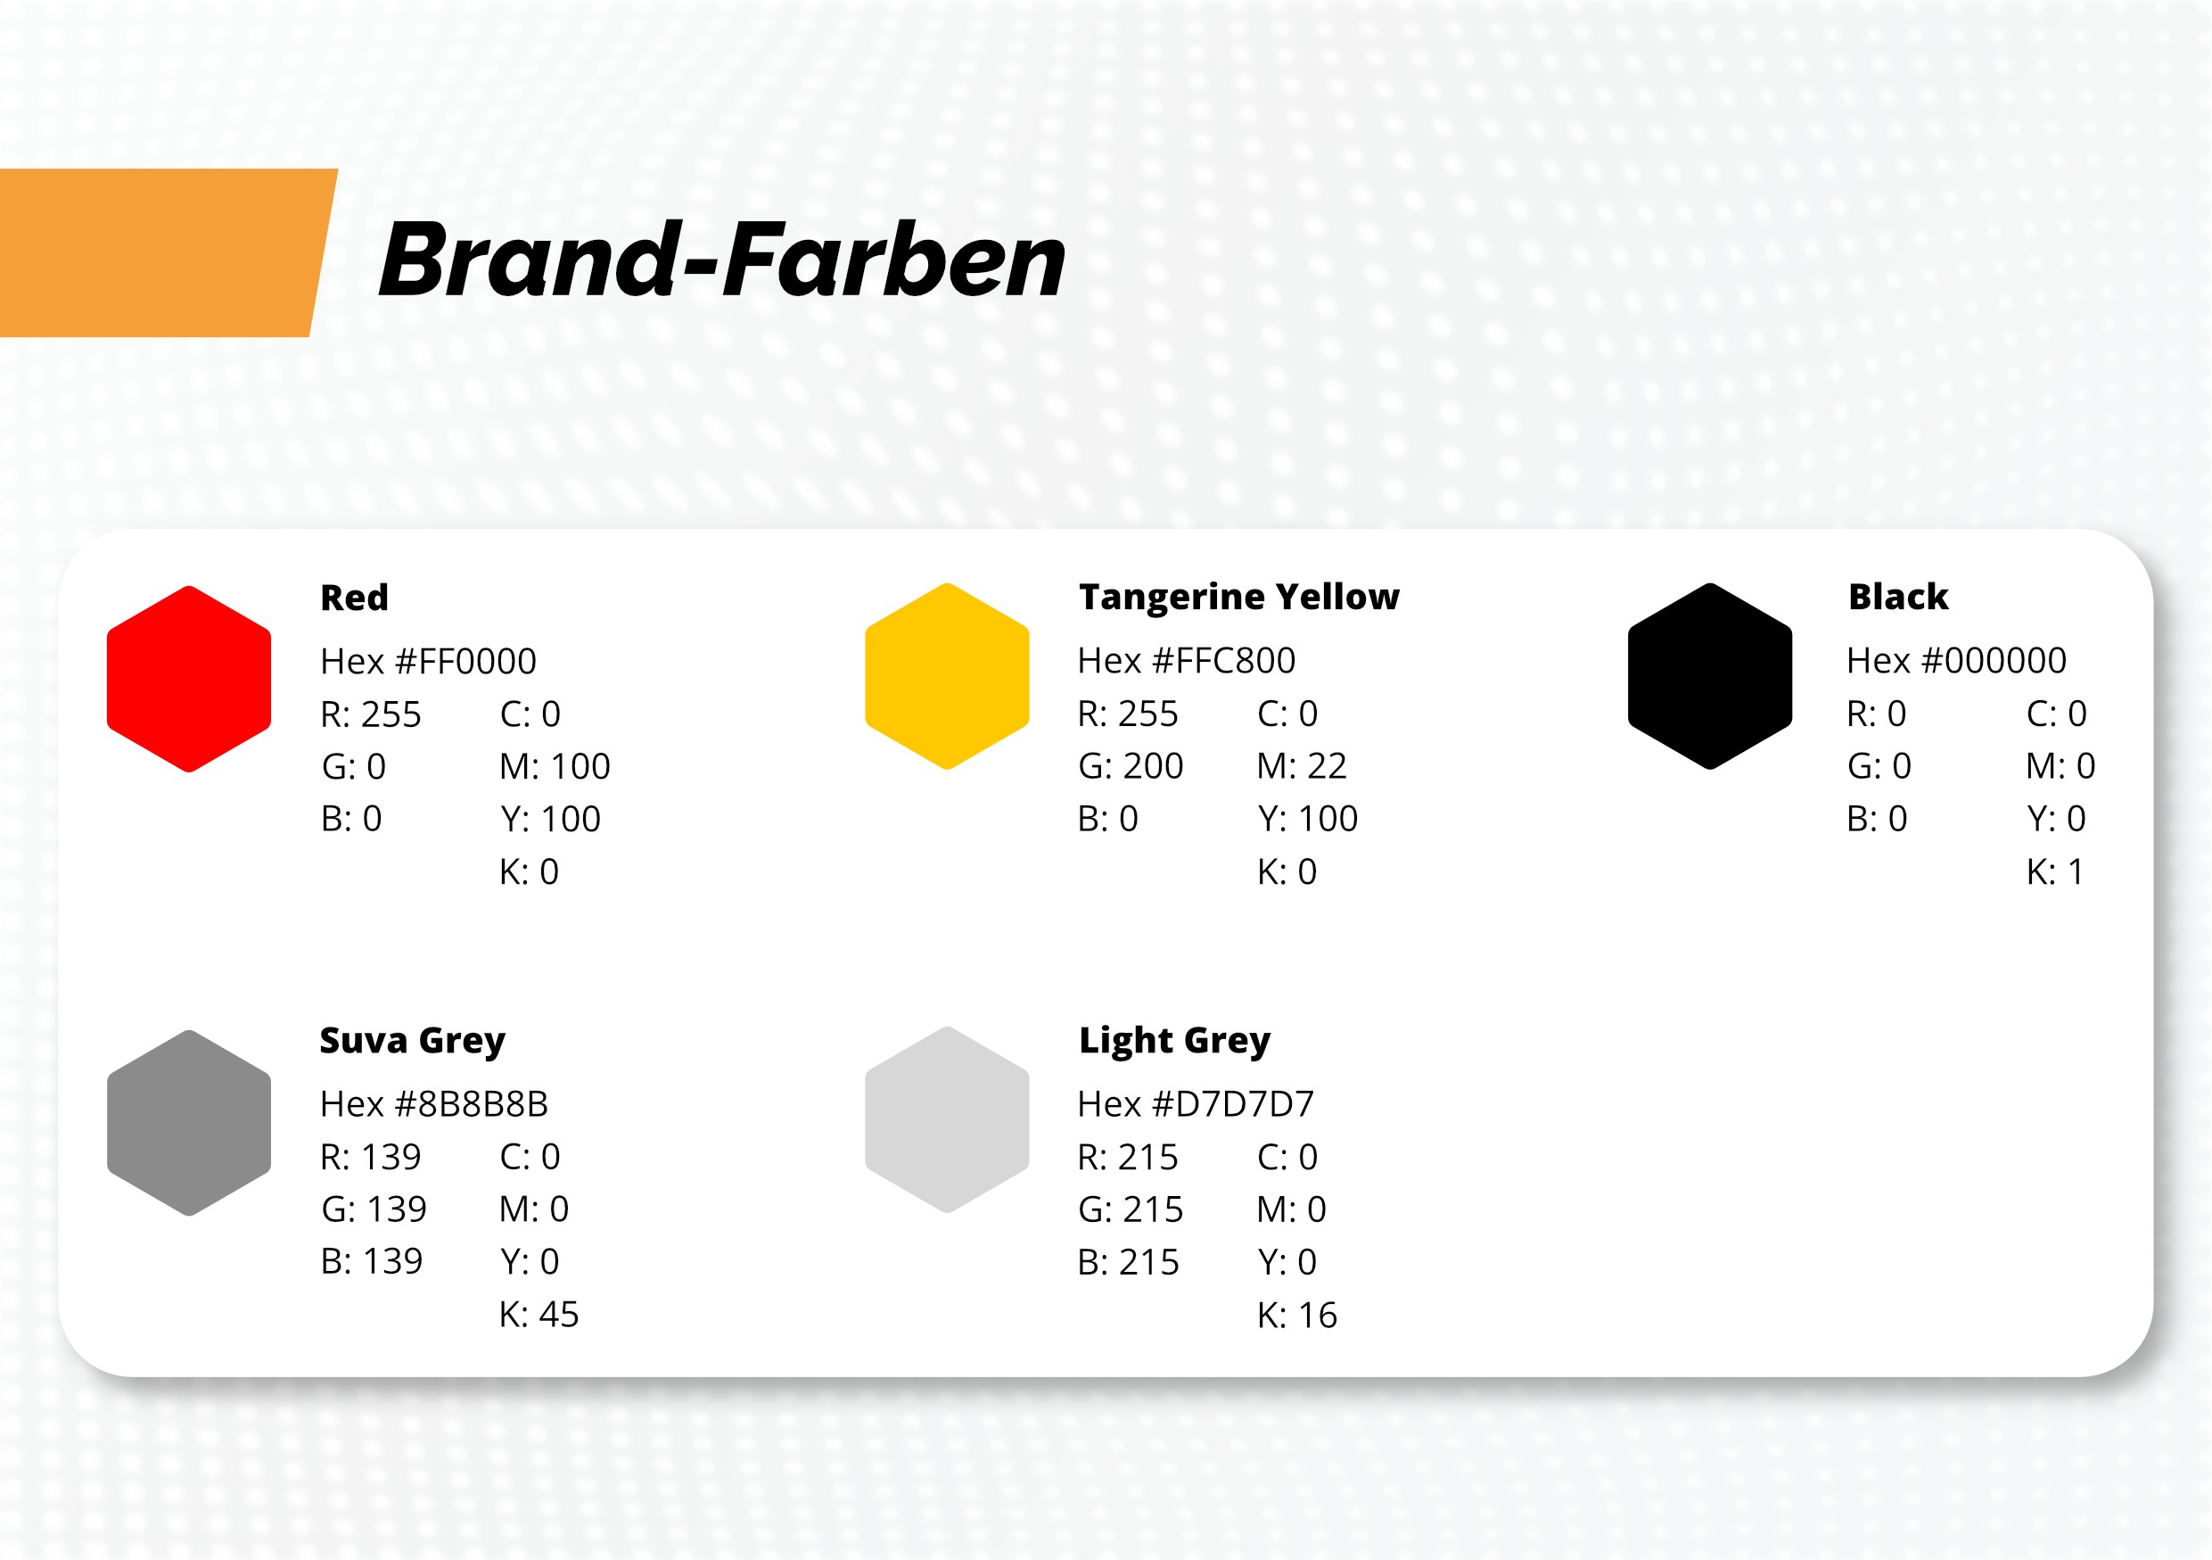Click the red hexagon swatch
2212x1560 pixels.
[x=189, y=680]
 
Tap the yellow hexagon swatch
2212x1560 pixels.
[x=947, y=676]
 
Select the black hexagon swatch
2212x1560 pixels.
[x=1710, y=676]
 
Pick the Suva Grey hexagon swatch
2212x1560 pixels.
[x=189, y=1123]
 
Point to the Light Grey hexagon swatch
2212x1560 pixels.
[x=947, y=1119]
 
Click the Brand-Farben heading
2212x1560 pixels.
[x=722, y=260]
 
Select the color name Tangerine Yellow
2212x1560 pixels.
[x=1239, y=598]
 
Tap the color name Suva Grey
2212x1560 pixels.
[x=412, y=1041]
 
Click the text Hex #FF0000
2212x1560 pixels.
[x=429, y=661]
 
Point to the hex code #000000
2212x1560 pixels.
[x=1994, y=660]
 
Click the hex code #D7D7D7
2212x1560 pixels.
[x=1234, y=1103]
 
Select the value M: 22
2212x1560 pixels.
[x=1302, y=766]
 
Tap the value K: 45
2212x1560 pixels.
[x=539, y=1315]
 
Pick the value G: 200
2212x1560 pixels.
[x=1131, y=766]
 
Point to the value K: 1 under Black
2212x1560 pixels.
[x=2055, y=872]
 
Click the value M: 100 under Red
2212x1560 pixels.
[x=555, y=767]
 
